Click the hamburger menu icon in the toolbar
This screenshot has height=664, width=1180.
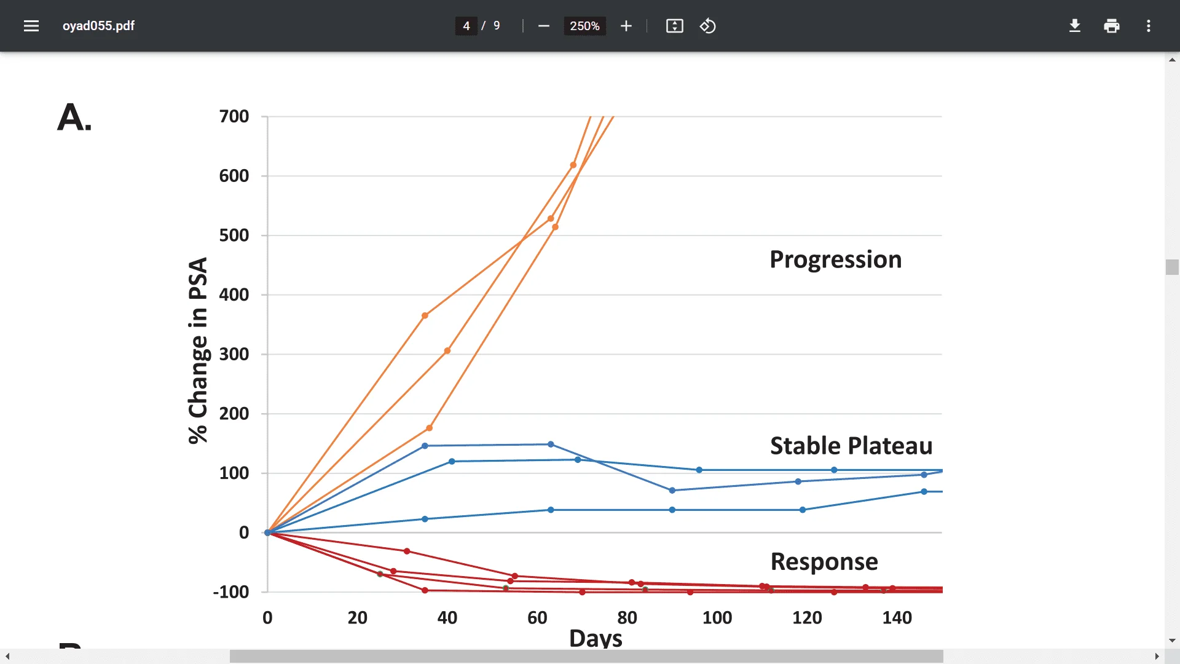point(31,26)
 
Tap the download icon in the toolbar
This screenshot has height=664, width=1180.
point(1074,26)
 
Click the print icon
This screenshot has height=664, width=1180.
point(1111,26)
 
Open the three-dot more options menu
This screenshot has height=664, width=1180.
point(1148,26)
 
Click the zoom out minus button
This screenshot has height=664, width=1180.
point(543,26)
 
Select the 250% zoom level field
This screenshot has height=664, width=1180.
point(584,26)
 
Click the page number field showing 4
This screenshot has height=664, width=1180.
point(466,26)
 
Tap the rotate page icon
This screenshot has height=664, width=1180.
point(707,26)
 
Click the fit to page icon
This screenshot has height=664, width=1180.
point(674,26)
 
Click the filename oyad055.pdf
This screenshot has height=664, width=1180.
point(98,26)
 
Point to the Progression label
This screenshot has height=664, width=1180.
point(835,259)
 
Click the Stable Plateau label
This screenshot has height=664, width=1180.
point(851,446)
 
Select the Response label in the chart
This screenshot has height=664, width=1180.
point(824,561)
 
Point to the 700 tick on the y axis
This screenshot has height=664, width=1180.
point(234,116)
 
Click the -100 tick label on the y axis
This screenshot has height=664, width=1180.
point(231,592)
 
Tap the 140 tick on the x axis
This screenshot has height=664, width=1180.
point(897,617)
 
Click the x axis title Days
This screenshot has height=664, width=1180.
point(596,638)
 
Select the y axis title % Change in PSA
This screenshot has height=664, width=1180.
point(198,350)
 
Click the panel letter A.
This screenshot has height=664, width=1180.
point(74,117)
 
